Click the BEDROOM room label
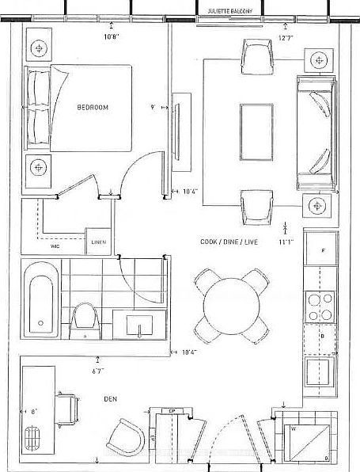pyautogui.click(x=93, y=108)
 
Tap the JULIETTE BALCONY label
pyautogui.click(x=229, y=10)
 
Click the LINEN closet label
pyautogui.click(x=98, y=242)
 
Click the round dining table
pyautogui.click(x=229, y=305)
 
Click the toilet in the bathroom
pyautogui.click(x=84, y=321)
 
